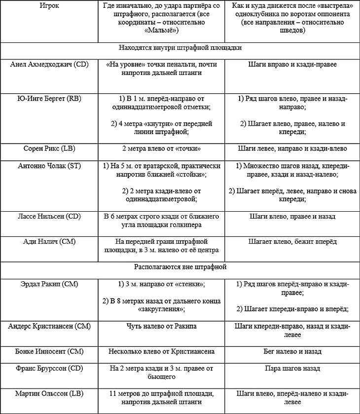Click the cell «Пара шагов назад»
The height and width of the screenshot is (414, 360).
click(x=292, y=368)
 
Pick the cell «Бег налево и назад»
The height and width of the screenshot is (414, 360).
click(x=292, y=351)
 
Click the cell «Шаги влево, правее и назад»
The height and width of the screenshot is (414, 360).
click(x=292, y=216)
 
